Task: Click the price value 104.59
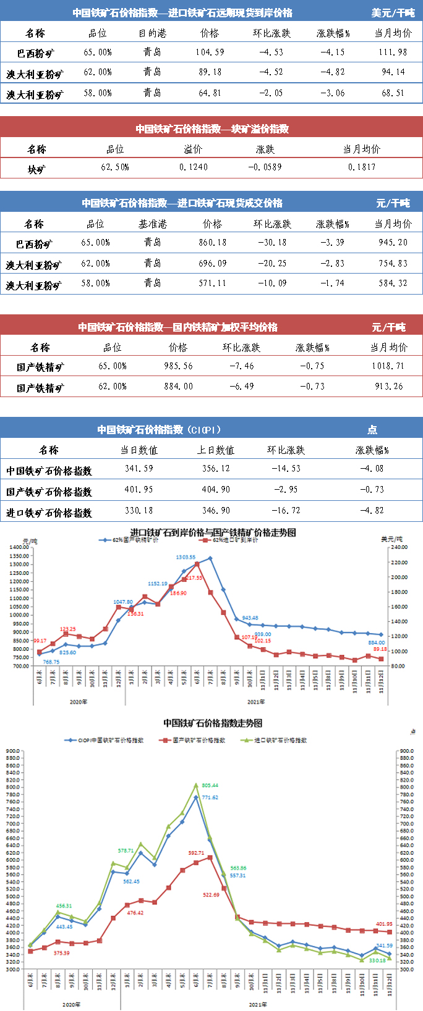coord(210,52)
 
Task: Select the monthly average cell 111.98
coord(393,52)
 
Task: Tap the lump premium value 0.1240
coord(194,167)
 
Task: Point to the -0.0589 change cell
coord(265,167)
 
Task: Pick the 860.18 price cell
coord(212,243)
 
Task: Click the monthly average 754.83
coord(393,264)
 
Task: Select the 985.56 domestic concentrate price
coord(178,366)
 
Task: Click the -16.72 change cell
coord(286,511)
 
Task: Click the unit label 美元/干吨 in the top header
coord(393,12)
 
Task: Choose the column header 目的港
coord(152,33)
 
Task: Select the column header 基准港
coord(152,224)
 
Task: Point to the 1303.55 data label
coord(185,557)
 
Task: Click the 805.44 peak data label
coord(210,786)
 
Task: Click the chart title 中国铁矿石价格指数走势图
coord(213,723)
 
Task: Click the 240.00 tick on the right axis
coord(399,547)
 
